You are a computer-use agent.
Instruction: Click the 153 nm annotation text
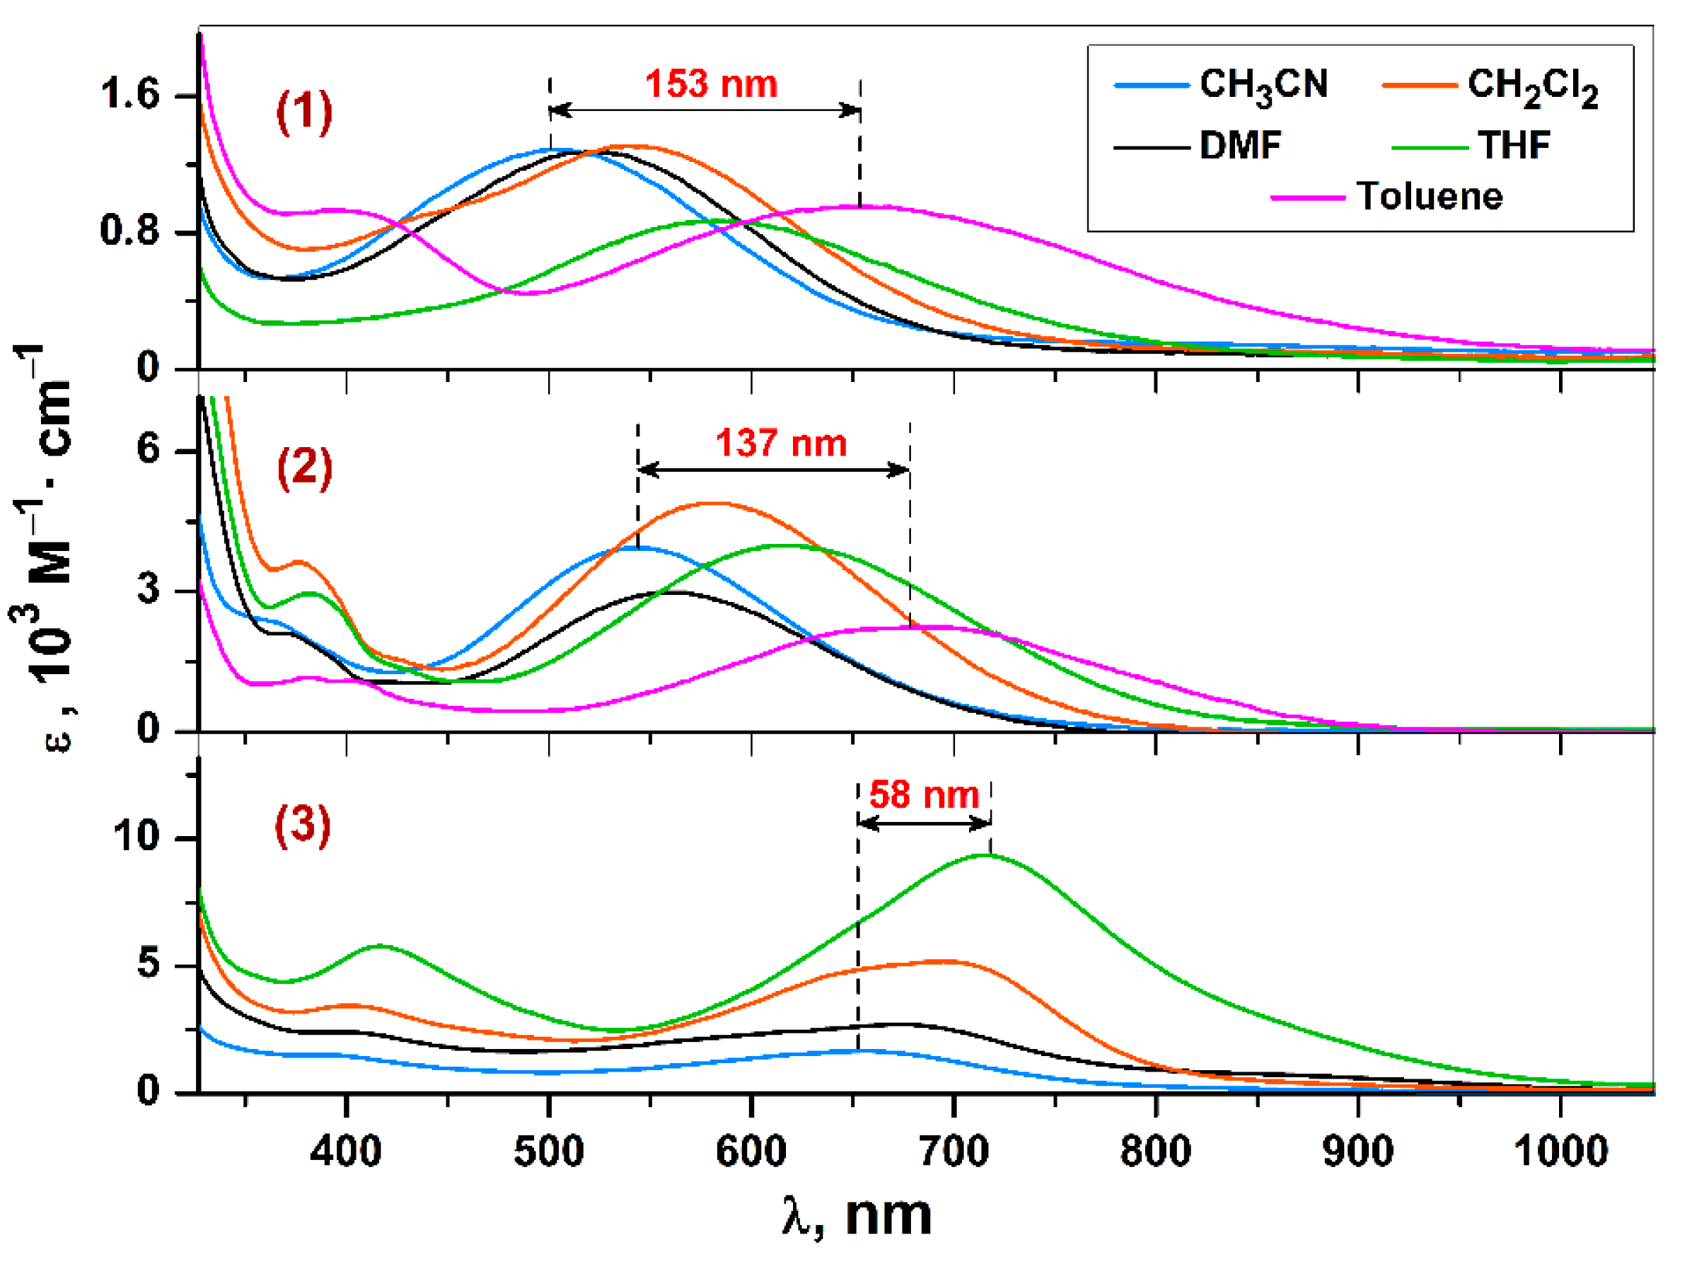point(712,84)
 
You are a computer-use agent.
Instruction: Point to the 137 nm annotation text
point(781,443)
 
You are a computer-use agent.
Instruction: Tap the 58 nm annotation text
point(924,795)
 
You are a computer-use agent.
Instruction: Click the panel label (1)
point(304,112)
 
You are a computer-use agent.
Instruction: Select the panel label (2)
point(304,468)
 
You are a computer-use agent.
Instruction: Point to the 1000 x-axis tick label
point(1560,1151)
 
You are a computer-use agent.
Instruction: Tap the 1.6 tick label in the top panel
point(129,95)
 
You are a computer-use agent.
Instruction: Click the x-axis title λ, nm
point(857,1216)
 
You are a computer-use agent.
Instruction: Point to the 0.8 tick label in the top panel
point(129,230)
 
